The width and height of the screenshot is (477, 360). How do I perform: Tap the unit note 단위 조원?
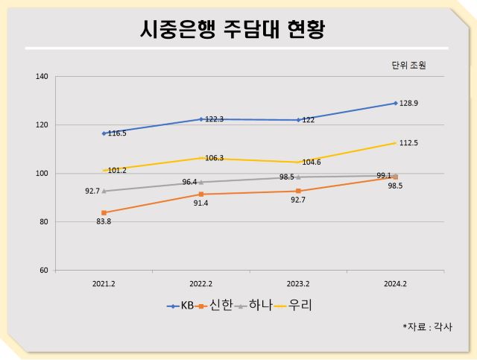(408, 65)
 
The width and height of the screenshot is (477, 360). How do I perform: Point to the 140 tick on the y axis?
(42, 77)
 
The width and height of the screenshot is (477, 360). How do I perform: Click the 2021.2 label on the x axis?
(104, 284)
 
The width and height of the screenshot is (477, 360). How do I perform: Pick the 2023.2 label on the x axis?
(298, 284)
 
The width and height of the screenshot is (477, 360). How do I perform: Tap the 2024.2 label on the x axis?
(395, 284)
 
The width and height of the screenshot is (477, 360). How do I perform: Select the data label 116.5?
(117, 133)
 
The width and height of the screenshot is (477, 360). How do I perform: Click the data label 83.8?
(104, 221)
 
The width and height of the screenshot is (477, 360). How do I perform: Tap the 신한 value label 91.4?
(201, 203)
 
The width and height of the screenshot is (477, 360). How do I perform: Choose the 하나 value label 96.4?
(191, 182)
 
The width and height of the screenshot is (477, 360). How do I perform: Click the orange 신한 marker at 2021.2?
(104, 212)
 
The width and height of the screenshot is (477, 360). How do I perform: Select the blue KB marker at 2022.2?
(201, 119)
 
